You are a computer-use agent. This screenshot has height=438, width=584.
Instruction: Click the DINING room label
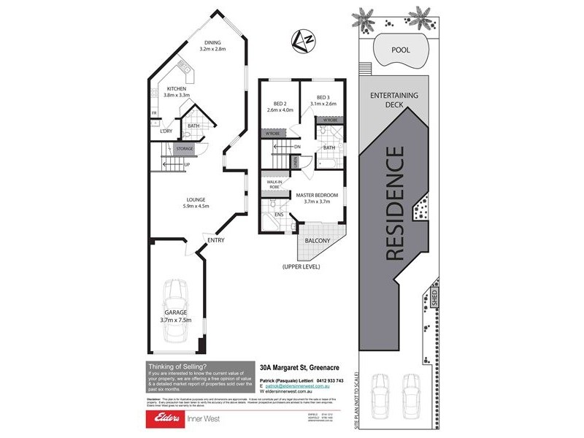[212, 46]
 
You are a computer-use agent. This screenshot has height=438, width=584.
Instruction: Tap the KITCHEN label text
[175, 91]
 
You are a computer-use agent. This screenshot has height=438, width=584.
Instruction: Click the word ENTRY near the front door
[215, 240]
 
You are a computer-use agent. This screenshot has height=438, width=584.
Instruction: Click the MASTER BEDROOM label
[317, 197]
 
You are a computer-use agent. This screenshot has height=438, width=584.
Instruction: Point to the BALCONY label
[318, 241]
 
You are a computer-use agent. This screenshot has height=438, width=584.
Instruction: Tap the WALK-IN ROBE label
[274, 185]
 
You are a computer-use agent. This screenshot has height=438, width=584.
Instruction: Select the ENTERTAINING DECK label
[395, 99]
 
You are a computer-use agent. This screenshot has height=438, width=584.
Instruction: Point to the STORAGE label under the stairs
[184, 149]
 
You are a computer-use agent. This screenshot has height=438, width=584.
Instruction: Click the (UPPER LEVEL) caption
[301, 267]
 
